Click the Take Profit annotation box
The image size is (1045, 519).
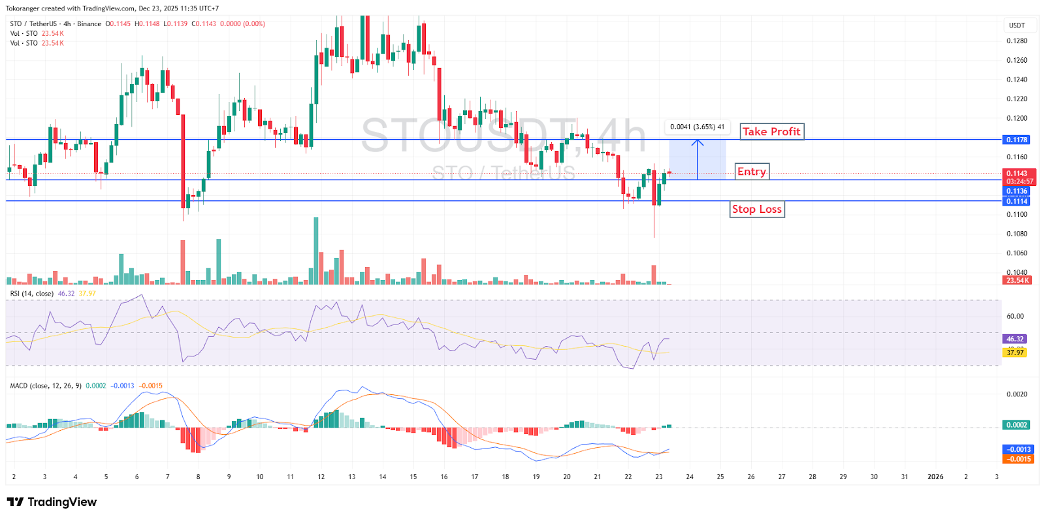771,132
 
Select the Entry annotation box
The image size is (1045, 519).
752,172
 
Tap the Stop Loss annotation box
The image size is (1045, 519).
756,209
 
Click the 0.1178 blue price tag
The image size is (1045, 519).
1016,140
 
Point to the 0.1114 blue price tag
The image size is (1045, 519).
1016,201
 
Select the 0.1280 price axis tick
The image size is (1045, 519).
1016,41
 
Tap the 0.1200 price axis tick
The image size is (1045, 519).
1016,118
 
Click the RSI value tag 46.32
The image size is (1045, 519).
1015,339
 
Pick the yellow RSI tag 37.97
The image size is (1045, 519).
1015,353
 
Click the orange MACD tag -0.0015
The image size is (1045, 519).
1018,459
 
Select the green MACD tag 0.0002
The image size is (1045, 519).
1016,425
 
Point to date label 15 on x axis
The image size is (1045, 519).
413,477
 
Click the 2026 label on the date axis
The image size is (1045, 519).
935,477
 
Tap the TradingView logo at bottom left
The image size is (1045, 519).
52,502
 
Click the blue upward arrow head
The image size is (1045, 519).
698,142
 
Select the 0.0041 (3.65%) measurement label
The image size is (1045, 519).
697,127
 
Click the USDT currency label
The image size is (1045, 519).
1017,25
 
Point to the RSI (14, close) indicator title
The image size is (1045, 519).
31,294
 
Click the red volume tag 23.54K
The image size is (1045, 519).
1017,280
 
